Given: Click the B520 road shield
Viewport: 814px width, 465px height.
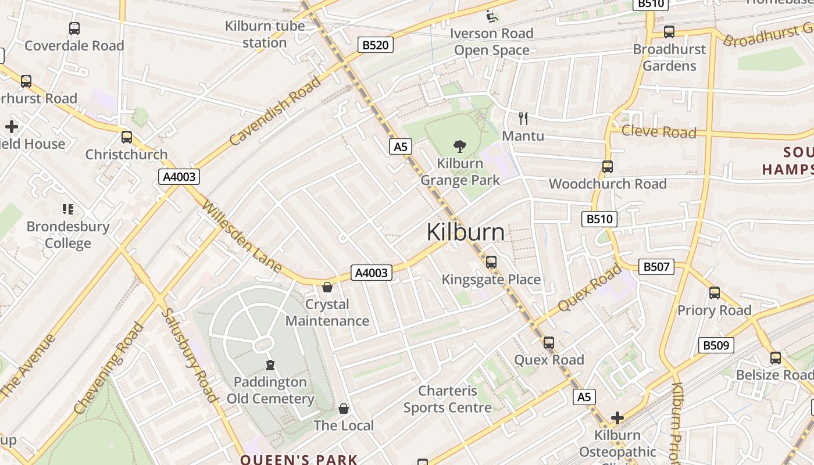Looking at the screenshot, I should pos(375,45).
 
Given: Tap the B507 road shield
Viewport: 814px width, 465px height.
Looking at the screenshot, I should pos(656,267).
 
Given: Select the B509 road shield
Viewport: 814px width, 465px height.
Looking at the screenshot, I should pos(716,345).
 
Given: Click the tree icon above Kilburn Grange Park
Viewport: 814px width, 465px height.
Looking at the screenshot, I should pos(460,146).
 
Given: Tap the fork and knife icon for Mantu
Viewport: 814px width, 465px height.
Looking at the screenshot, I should pos(523,119).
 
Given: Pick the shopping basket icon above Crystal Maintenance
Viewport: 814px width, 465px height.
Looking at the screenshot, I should pos(327,287).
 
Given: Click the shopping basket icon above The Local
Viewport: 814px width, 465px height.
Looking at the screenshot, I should pos(344,409).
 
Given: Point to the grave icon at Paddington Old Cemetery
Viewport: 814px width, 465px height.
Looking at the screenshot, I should pos(270,365).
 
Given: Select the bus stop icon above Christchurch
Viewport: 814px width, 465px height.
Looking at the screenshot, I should pos(126,137).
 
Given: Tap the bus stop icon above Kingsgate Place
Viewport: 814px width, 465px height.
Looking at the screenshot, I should pos(491,262).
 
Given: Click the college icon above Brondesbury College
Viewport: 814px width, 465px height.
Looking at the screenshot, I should pos(68,209).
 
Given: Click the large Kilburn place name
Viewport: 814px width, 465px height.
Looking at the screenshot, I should pos(466,232).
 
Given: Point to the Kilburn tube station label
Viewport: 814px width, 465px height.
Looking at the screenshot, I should pos(265,34).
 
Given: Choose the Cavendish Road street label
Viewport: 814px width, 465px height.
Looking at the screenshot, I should pos(275,111).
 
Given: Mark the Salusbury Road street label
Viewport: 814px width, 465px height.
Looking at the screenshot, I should pos(188,354).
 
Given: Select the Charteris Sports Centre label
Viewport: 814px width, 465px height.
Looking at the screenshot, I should pos(448,399).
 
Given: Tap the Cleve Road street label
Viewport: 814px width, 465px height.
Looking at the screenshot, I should pos(659,131).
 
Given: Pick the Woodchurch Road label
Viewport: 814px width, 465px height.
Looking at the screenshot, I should pos(608,184).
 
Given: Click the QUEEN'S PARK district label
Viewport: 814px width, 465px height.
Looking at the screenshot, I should pos(299,459).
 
